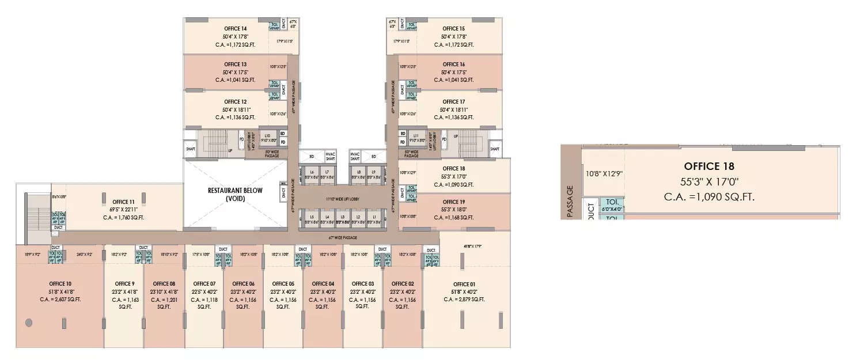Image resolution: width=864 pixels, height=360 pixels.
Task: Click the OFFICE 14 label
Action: click(236, 29)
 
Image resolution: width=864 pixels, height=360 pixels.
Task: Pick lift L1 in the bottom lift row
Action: click(374, 218)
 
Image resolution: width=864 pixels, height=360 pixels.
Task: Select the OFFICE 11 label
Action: click(124, 202)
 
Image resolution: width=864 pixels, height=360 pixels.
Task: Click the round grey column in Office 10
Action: click(28, 323)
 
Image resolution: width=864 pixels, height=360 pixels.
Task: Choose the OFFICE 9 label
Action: click(124, 284)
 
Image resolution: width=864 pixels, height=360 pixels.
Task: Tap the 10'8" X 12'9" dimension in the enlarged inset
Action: click(604, 173)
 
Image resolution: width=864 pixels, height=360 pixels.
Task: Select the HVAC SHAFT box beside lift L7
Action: click(330, 156)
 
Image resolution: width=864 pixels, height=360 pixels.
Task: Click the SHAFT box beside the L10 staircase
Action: click(191, 149)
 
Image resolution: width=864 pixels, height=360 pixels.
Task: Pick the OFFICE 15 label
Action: click(454, 29)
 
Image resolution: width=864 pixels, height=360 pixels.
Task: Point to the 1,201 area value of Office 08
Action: click(164, 300)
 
